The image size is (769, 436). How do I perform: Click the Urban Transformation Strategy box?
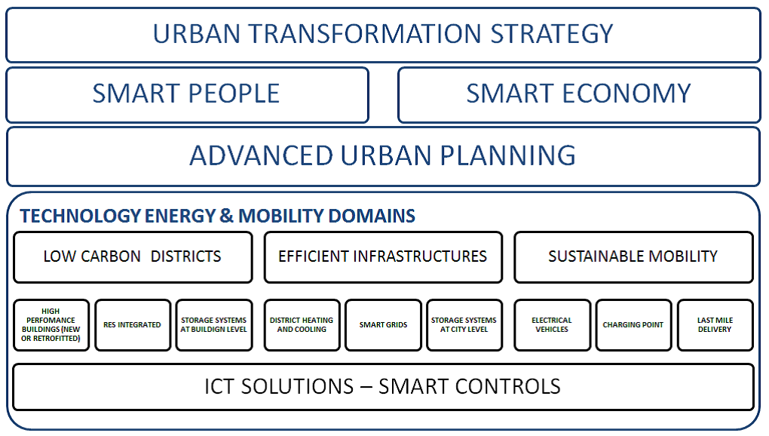pos(383,35)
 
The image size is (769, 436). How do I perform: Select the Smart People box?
pos(187,94)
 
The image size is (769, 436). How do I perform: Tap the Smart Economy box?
pos(579,94)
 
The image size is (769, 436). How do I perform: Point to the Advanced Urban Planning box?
pos(383,156)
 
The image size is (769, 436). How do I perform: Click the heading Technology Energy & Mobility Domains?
pos(217,216)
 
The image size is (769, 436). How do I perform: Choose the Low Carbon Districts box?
pos(133,257)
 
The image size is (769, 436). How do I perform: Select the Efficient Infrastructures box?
pos(383,257)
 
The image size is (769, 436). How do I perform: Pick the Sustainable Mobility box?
pos(633,257)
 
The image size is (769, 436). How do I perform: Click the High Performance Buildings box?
pos(51,324)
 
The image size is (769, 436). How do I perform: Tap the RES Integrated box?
pos(133,324)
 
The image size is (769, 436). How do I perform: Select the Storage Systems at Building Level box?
pos(214,324)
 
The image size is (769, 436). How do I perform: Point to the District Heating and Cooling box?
pos(302,324)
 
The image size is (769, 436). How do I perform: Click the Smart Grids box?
pos(383,324)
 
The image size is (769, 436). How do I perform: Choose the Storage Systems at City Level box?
pos(464,324)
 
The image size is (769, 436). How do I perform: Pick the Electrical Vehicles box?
pos(552,324)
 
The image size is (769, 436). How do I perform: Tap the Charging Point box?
pos(633,324)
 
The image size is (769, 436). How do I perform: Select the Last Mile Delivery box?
pos(715,324)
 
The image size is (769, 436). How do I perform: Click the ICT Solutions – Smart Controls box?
pos(383,386)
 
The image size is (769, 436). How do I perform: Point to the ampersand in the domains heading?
pos(226,216)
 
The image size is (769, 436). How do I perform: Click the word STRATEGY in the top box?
pos(552,34)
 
